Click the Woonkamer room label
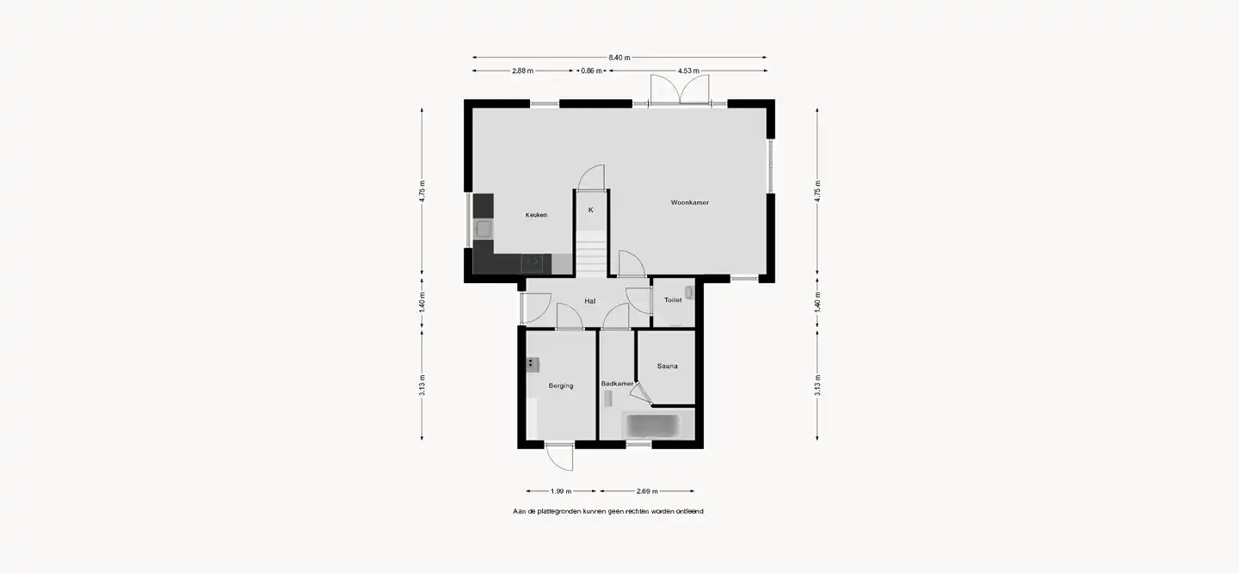pyautogui.click(x=690, y=202)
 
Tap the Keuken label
pyautogui.click(x=536, y=214)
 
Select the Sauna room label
pyautogui.click(x=667, y=366)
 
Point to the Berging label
pyautogui.click(x=561, y=385)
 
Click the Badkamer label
pyautogui.click(x=617, y=384)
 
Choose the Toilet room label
pyautogui.click(x=673, y=299)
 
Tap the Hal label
pyautogui.click(x=590, y=301)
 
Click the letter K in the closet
pyautogui.click(x=591, y=210)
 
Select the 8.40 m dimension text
pyautogui.click(x=619, y=58)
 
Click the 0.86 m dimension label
pyautogui.click(x=591, y=71)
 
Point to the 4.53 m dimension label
pyautogui.click(x=688, y=71)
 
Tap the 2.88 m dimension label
pyautogui.click(x=523, y=71)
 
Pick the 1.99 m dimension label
pyautogui.click(x=561, y=491)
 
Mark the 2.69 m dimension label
pyautogui.click(x=647, y=491)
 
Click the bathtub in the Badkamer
pyautogui.click(x=651, y=426)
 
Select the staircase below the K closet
pyautogui.click(x=591, y=252)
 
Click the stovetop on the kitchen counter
pyautogui.click(x=532, y=263)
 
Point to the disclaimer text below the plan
pyautogui.click(x=607, y=512)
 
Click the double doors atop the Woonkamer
pyautogui.click(x=680, y=89)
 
